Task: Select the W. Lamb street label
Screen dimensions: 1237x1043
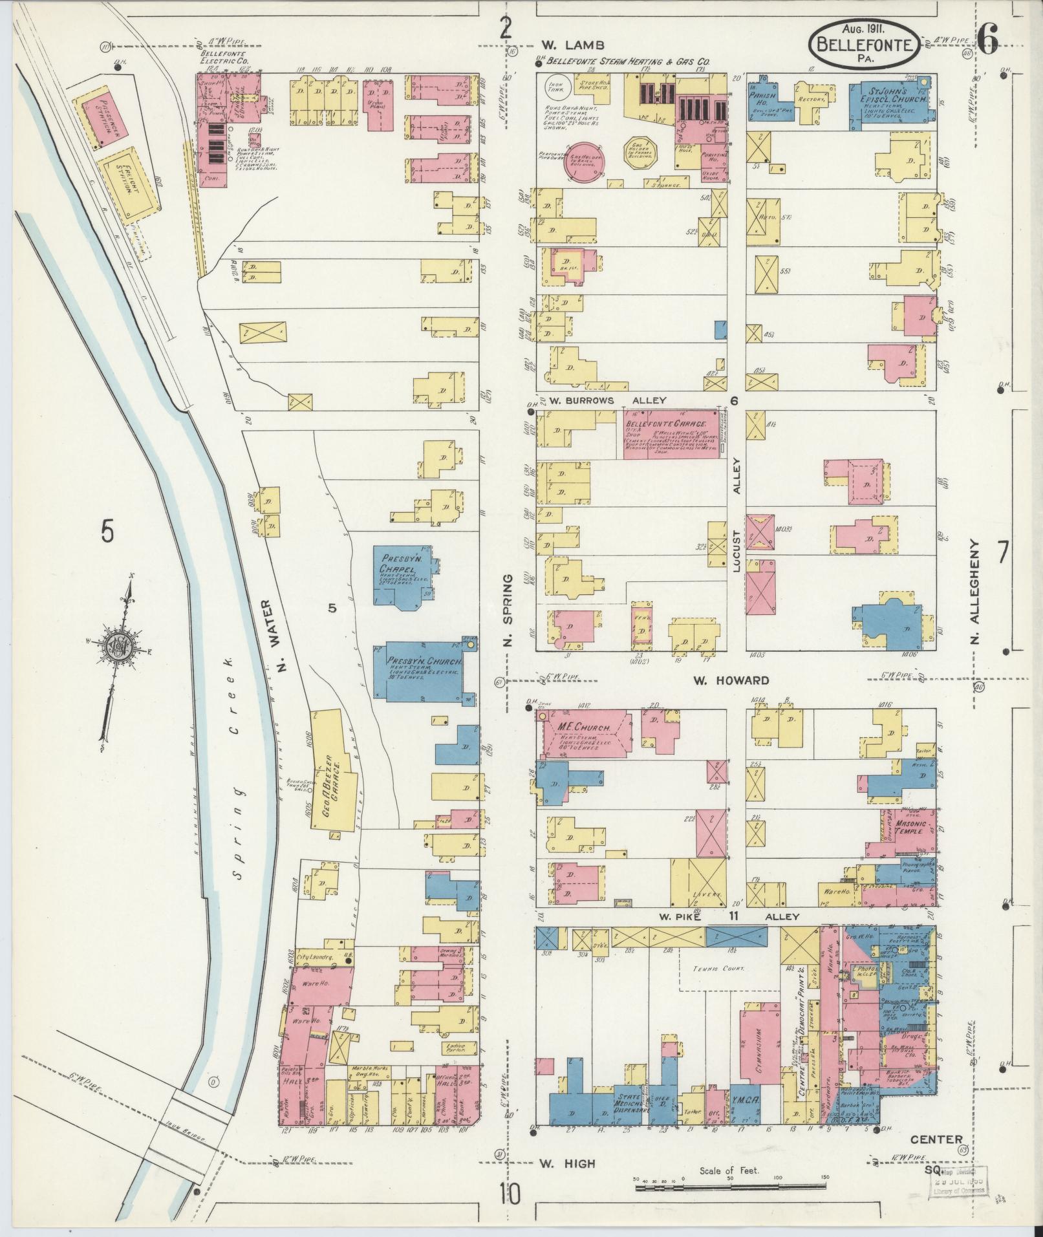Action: tap(572, 45)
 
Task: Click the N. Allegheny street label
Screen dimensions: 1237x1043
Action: tap(976, 594)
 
